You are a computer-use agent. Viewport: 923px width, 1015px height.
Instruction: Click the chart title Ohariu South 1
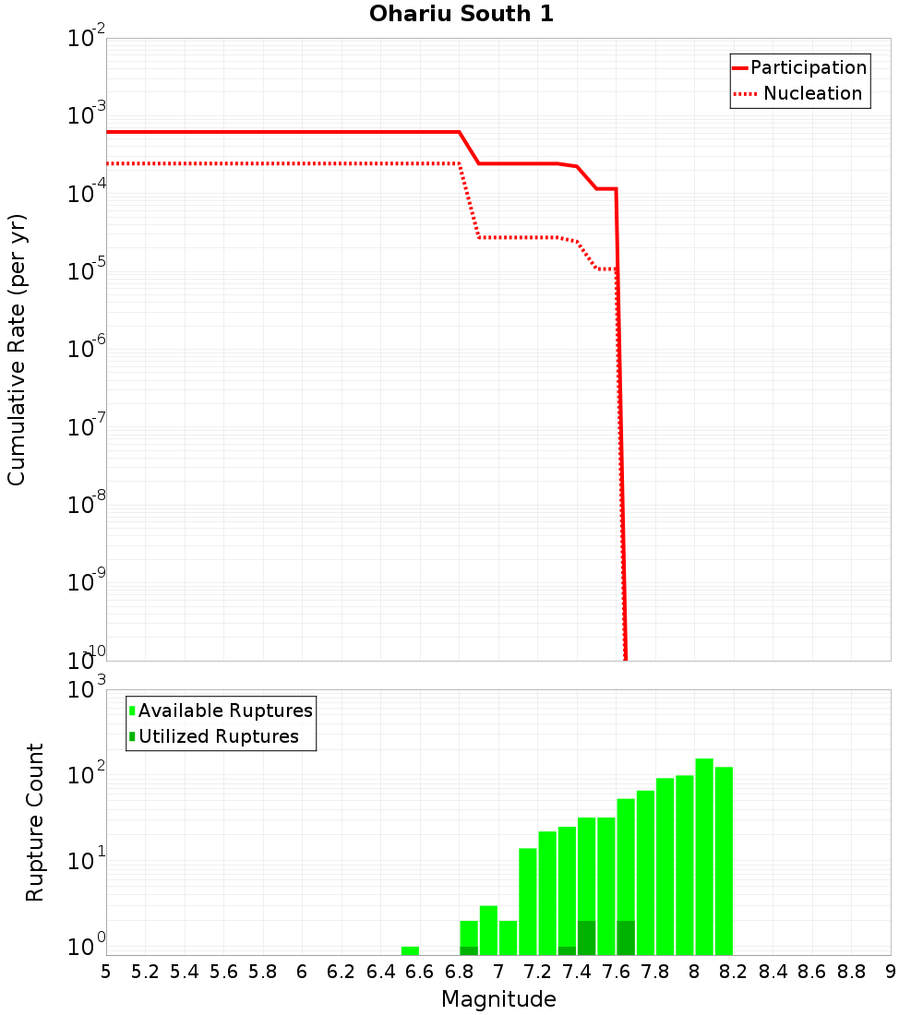click(461, 15)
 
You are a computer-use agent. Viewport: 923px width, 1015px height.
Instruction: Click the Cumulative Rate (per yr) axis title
click(17, 350)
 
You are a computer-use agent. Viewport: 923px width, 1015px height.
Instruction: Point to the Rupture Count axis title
click(35, 822)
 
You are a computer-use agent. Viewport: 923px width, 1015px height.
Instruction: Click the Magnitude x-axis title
click(498, 999)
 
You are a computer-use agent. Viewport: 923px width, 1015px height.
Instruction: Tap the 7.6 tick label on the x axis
click(616, 972)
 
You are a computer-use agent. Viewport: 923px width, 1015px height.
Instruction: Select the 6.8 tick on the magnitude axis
click(459, 972)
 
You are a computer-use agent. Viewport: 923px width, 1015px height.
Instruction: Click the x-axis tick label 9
click(890, 972)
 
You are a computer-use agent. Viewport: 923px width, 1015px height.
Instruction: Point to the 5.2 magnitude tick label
click(145, 972)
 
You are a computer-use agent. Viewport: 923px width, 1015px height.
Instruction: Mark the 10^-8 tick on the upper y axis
click(85, 505)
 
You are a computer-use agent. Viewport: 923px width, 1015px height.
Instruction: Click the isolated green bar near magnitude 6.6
click(410, 950)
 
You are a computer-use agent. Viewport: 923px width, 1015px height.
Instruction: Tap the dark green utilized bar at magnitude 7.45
click(586, 937)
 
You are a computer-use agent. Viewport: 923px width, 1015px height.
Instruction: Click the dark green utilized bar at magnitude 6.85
click(469, 950)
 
